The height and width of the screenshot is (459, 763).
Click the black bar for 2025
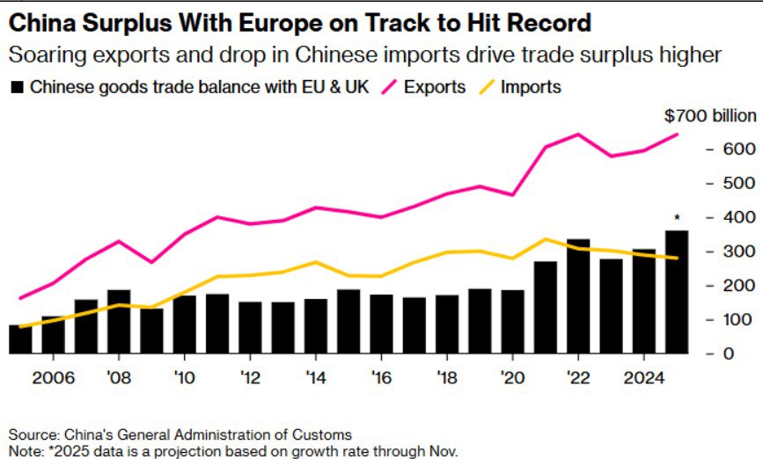[677, 292]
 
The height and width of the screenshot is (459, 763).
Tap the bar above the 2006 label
[54, 335]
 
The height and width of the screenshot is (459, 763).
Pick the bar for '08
[119, 322]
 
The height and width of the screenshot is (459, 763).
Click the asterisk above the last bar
[677, 218]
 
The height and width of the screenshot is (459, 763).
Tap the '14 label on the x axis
[316, 377]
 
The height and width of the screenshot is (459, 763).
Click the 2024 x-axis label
[644, 377]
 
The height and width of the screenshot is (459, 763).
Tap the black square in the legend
[17, 87]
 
